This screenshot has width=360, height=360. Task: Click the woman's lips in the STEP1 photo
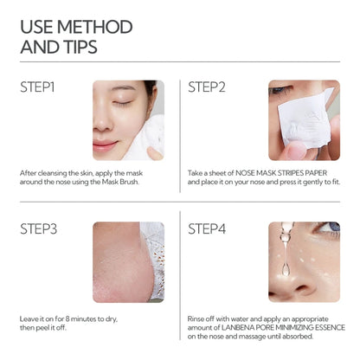pos(106,145)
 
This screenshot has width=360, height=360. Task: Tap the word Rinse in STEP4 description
pos(197,318)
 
